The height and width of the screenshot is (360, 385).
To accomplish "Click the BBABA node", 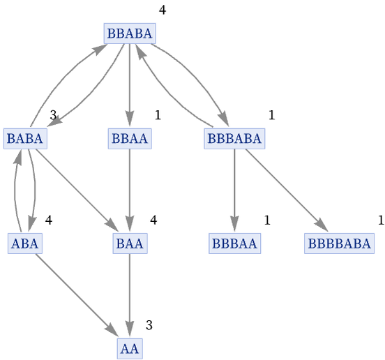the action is click(130, 33).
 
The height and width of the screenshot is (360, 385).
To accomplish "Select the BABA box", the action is click(25, 139).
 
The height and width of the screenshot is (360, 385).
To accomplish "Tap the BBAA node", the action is click(130, 139).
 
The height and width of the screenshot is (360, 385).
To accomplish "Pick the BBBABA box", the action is click(234, 139).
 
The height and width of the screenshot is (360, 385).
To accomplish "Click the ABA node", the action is click(25, 243).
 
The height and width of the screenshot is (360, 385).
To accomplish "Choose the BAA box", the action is click(130, 243).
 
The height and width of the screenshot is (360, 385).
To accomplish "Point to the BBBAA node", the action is click(235, 243).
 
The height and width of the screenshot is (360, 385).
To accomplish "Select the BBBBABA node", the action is click(340, 243).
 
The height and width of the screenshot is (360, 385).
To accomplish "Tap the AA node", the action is click(130, 348).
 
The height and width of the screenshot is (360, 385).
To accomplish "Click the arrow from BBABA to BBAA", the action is click(130, 85).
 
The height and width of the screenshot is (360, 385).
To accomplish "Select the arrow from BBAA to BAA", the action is click(130, 190).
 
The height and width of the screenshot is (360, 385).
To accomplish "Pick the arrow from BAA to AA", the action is click(130, 295).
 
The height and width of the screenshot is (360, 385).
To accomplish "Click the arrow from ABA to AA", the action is click(77, 295).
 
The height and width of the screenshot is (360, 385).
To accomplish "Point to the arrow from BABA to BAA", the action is click(77, 190).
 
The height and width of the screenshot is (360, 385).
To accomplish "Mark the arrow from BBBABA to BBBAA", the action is click(234, 190).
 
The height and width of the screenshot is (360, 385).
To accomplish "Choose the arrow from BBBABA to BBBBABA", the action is click(286, 190).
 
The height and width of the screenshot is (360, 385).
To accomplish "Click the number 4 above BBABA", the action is click(163, 10).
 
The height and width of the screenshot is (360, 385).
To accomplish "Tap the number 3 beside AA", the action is click(149, 325).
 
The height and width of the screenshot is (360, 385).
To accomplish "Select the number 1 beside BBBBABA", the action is click(381, 220).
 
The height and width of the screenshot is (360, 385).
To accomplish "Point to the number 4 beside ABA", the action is click(49, 220).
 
